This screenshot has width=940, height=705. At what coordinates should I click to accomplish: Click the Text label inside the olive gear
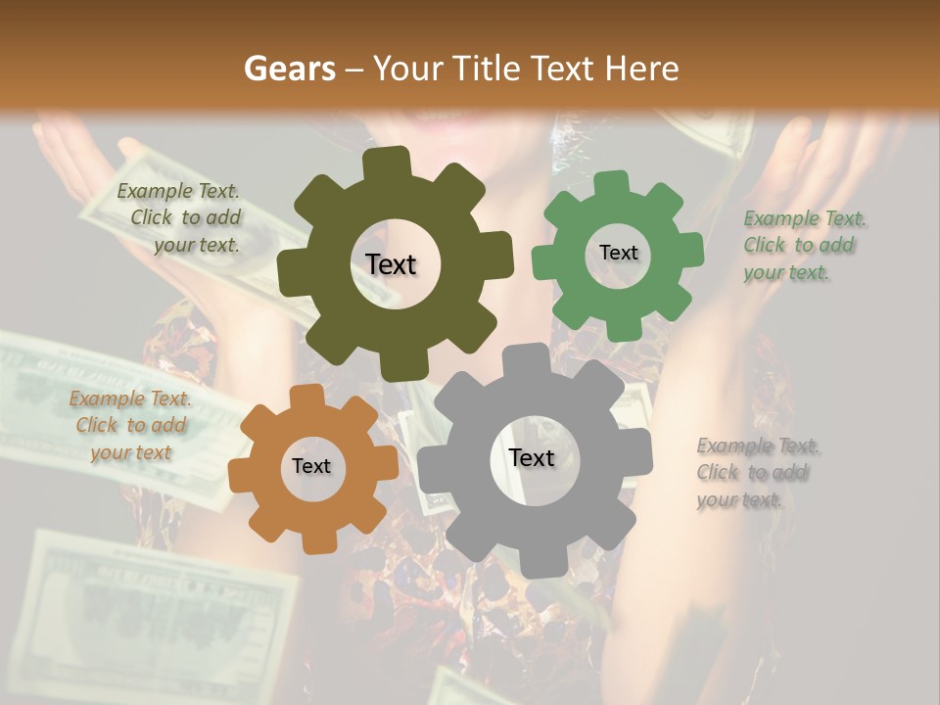392,264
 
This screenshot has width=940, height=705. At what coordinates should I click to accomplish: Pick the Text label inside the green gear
618,253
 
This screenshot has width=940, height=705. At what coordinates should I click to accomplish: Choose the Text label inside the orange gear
311,466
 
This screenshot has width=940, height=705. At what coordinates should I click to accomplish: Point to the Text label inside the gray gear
532,457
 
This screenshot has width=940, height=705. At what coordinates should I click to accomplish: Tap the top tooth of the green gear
613,183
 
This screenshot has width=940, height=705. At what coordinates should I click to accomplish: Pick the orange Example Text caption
129,425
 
